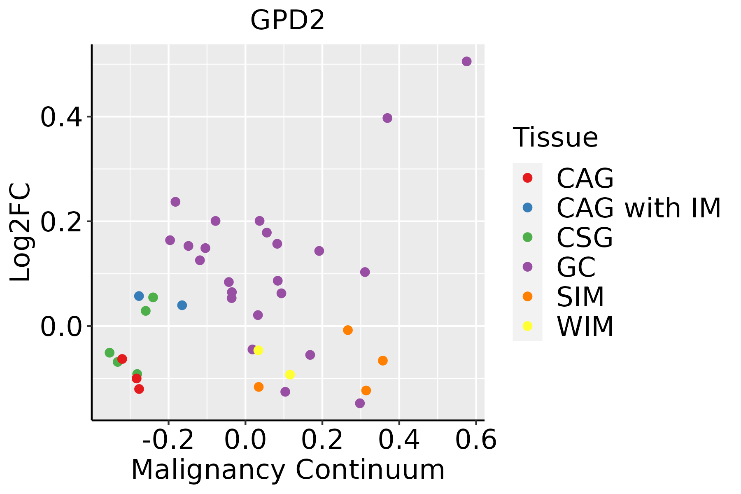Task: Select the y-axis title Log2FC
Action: [21, 233]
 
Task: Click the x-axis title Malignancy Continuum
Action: [288, 470]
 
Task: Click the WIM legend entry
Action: [585, 326]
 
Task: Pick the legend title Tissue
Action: [555, 137]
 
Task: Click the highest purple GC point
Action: [466, 62]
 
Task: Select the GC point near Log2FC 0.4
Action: [387, 118]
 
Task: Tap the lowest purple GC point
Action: [360, 403]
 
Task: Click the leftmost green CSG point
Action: [110, 353]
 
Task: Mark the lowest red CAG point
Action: [139, 389]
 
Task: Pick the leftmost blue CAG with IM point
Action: [139, 296]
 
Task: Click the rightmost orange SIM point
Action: [383, 361]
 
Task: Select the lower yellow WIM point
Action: [290, 375]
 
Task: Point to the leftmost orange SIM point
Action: [259, 387]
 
